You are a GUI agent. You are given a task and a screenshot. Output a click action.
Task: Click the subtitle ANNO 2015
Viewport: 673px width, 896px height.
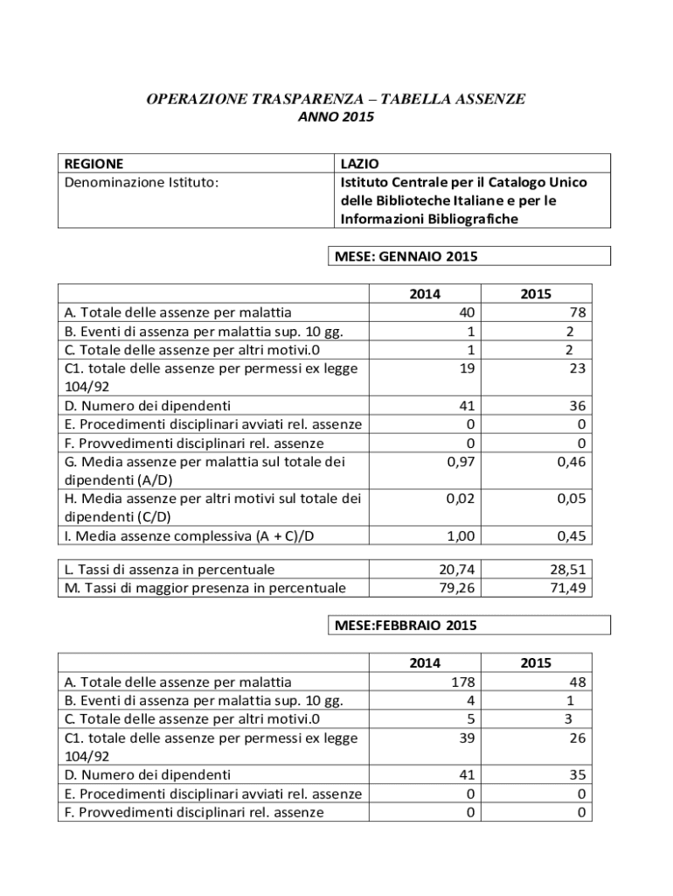click(335, 116)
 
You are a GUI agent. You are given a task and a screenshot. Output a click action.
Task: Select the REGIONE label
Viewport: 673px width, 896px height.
click(94, 164)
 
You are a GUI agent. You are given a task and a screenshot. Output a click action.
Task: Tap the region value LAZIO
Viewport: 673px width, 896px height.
click(359, 164)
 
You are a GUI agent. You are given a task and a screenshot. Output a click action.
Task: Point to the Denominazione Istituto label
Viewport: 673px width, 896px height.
click(142, 182)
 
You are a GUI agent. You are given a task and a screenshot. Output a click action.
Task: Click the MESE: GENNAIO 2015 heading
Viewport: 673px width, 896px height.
click(406, 256)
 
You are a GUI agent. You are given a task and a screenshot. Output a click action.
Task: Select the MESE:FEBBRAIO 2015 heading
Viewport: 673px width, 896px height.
click(406, 626)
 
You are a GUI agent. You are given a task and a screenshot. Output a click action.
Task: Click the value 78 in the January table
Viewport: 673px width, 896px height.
click(577, 312)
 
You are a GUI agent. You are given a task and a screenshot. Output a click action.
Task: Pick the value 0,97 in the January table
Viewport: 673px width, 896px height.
click(460, 461)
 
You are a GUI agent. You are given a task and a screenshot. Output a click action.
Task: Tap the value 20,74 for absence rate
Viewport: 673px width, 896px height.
click(457, 569)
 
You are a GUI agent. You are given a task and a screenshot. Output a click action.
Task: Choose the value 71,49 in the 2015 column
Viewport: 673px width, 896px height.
click(568, 587)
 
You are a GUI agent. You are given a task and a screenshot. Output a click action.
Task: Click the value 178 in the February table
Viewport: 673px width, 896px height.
click(463, 682)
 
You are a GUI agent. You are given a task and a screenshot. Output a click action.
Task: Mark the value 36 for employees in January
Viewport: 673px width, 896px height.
click(577, 406)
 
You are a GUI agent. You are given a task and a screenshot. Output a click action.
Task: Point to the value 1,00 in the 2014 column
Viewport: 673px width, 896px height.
click(460, 535)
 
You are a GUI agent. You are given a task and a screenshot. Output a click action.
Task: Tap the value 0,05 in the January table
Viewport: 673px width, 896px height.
click(571, 498)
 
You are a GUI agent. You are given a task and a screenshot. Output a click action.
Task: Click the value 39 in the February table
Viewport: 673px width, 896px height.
click(467, 738)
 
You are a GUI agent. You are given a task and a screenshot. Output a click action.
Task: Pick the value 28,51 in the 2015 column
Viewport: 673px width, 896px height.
click(568, 569)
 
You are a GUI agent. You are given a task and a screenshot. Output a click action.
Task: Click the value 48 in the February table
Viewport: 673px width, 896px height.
click(577, 682)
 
